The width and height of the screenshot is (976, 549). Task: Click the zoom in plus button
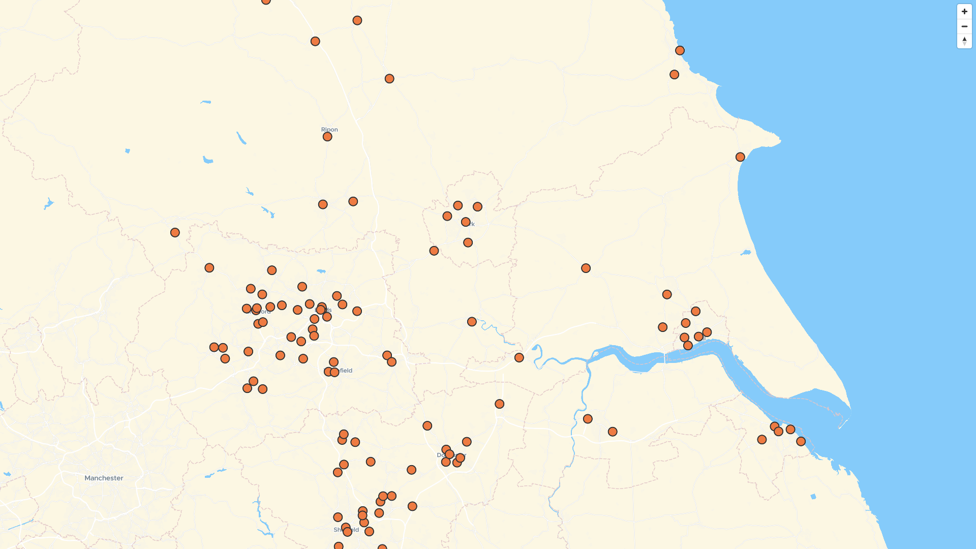click(964, 12)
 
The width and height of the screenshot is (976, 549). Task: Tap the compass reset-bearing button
click(964, 41)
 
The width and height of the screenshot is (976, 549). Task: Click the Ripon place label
click(329, 130)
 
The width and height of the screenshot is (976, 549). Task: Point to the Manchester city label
click(104, 478)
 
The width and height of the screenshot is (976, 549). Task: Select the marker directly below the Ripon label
click(327, 137)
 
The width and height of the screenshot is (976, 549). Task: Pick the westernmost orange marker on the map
click(175, 232)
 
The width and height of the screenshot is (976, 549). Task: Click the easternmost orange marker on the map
click(801, 441)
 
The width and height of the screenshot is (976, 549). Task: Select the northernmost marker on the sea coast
click(680, 50)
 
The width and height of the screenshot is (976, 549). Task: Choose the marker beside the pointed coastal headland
click(740, 157)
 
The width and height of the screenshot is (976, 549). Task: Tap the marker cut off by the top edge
click(266, 1)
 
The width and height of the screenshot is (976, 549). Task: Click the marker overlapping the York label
click(466, 222)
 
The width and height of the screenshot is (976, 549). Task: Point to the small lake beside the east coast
click(746, 253)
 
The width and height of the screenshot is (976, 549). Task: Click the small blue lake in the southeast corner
click(813, 497)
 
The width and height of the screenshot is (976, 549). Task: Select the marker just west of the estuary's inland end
click(519, 358)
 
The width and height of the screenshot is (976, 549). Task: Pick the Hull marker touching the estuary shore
click(688, 346)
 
